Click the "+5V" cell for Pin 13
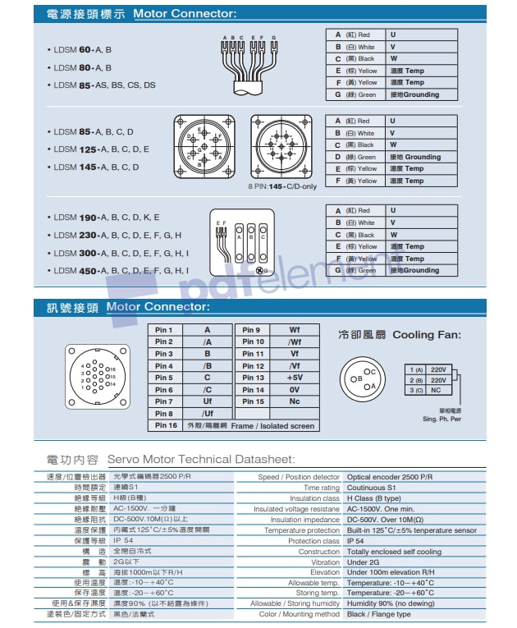(295, 378)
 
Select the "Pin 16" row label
(167, 425)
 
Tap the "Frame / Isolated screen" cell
(272, 425)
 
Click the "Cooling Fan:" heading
(427, 335)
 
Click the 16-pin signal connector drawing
(98, 378)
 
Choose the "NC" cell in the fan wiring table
(438, 390)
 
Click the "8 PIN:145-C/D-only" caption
(282, 186)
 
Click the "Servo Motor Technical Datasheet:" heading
(200, 460)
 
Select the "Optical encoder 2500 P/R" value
(390, 477)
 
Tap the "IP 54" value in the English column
(355, 541)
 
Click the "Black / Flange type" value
(378, 614)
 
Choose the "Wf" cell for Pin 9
(295, 330)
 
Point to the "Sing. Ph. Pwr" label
(442, 419)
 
